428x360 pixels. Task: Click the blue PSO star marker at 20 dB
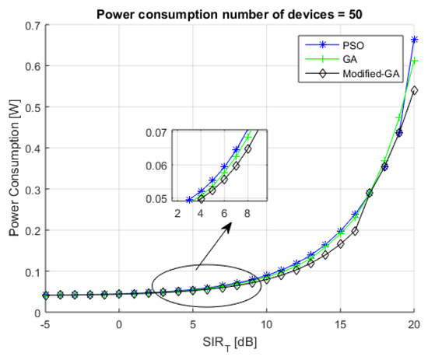point(414,40)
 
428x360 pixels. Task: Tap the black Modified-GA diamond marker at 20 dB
point(414,90)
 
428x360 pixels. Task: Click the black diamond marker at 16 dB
point(355,231)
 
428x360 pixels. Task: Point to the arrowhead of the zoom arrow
point(230,226)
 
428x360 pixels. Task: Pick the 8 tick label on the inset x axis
point(247,212)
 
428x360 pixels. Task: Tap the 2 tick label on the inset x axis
point(177,212)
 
